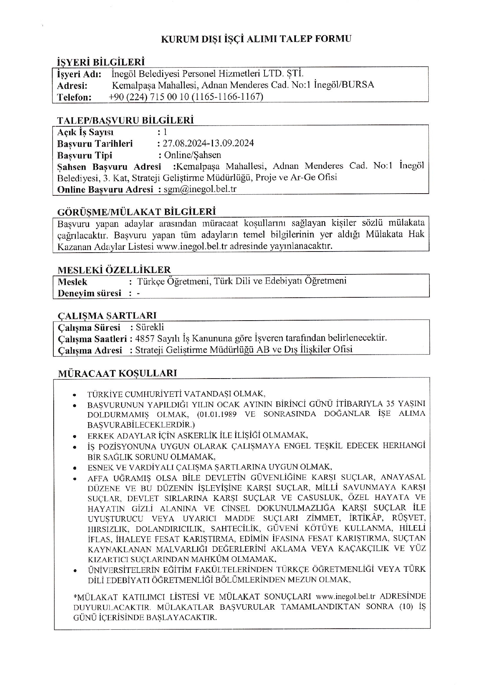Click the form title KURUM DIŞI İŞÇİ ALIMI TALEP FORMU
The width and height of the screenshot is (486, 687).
click(256, 39)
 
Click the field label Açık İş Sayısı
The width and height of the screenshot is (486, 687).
click(85, 132)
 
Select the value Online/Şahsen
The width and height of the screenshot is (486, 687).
click(193, 155)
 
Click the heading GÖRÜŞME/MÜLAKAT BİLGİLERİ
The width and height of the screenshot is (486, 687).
click(136, 211)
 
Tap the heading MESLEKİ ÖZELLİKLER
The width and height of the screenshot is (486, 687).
click(114, 269)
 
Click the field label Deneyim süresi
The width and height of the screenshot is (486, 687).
click(89, 293)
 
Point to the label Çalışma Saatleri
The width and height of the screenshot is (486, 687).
click(92, 338)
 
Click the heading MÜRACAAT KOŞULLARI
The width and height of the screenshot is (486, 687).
click(117, 373)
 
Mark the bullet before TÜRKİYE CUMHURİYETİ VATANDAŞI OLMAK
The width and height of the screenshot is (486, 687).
click(74, 395)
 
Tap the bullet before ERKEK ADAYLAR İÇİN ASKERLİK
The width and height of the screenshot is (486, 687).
click(74, 437)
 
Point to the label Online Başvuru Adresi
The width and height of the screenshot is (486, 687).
click(105, 189)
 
